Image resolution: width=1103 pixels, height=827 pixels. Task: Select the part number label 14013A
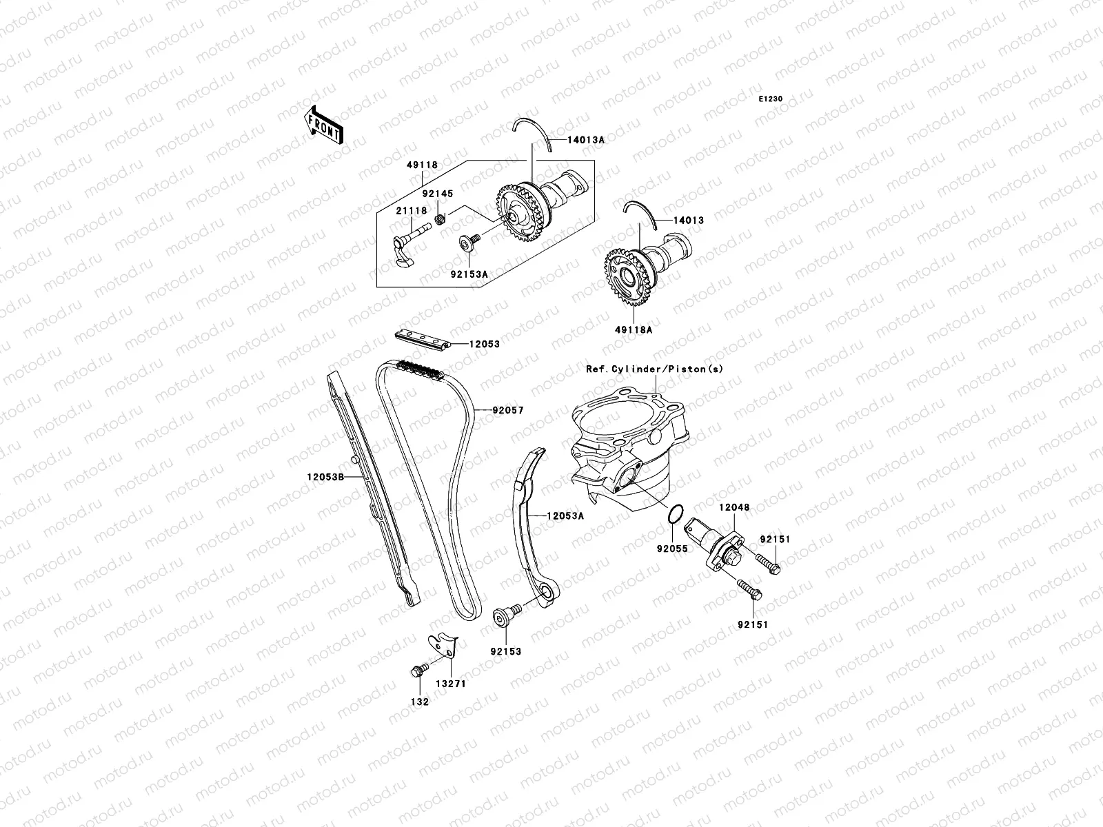586,140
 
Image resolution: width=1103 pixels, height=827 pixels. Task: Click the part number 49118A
634,329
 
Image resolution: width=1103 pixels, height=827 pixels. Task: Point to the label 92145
437,194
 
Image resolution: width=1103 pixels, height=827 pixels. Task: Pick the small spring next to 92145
441,219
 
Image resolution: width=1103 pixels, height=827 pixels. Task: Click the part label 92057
507,411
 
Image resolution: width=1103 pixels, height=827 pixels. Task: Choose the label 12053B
325,476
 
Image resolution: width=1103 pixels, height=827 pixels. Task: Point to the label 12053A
565,515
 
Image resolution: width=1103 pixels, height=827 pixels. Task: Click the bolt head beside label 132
416,671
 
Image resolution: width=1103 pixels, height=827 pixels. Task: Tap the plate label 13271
445,685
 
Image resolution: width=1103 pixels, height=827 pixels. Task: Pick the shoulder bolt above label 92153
500,615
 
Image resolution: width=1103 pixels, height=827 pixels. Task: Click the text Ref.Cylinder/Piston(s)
655,369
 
